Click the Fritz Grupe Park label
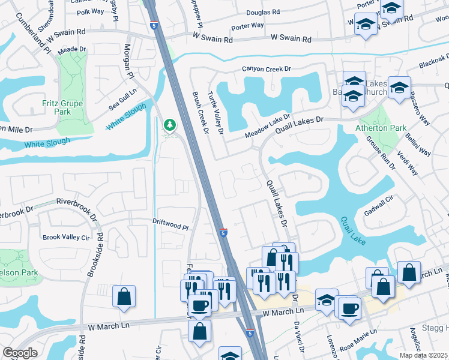pos(62,107)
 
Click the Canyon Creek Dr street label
pos(262,69)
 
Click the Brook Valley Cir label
pos(65,237)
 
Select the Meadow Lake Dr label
pos(267,126)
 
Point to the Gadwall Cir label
pos(378,206)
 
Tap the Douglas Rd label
pos(263,12)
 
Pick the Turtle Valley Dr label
pos(216,113)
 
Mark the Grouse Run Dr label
pos(380,154)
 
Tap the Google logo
pos(20,352)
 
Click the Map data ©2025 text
pos(424,355)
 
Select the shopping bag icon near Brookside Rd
pos(124,296)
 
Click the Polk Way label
pos(91,11)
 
